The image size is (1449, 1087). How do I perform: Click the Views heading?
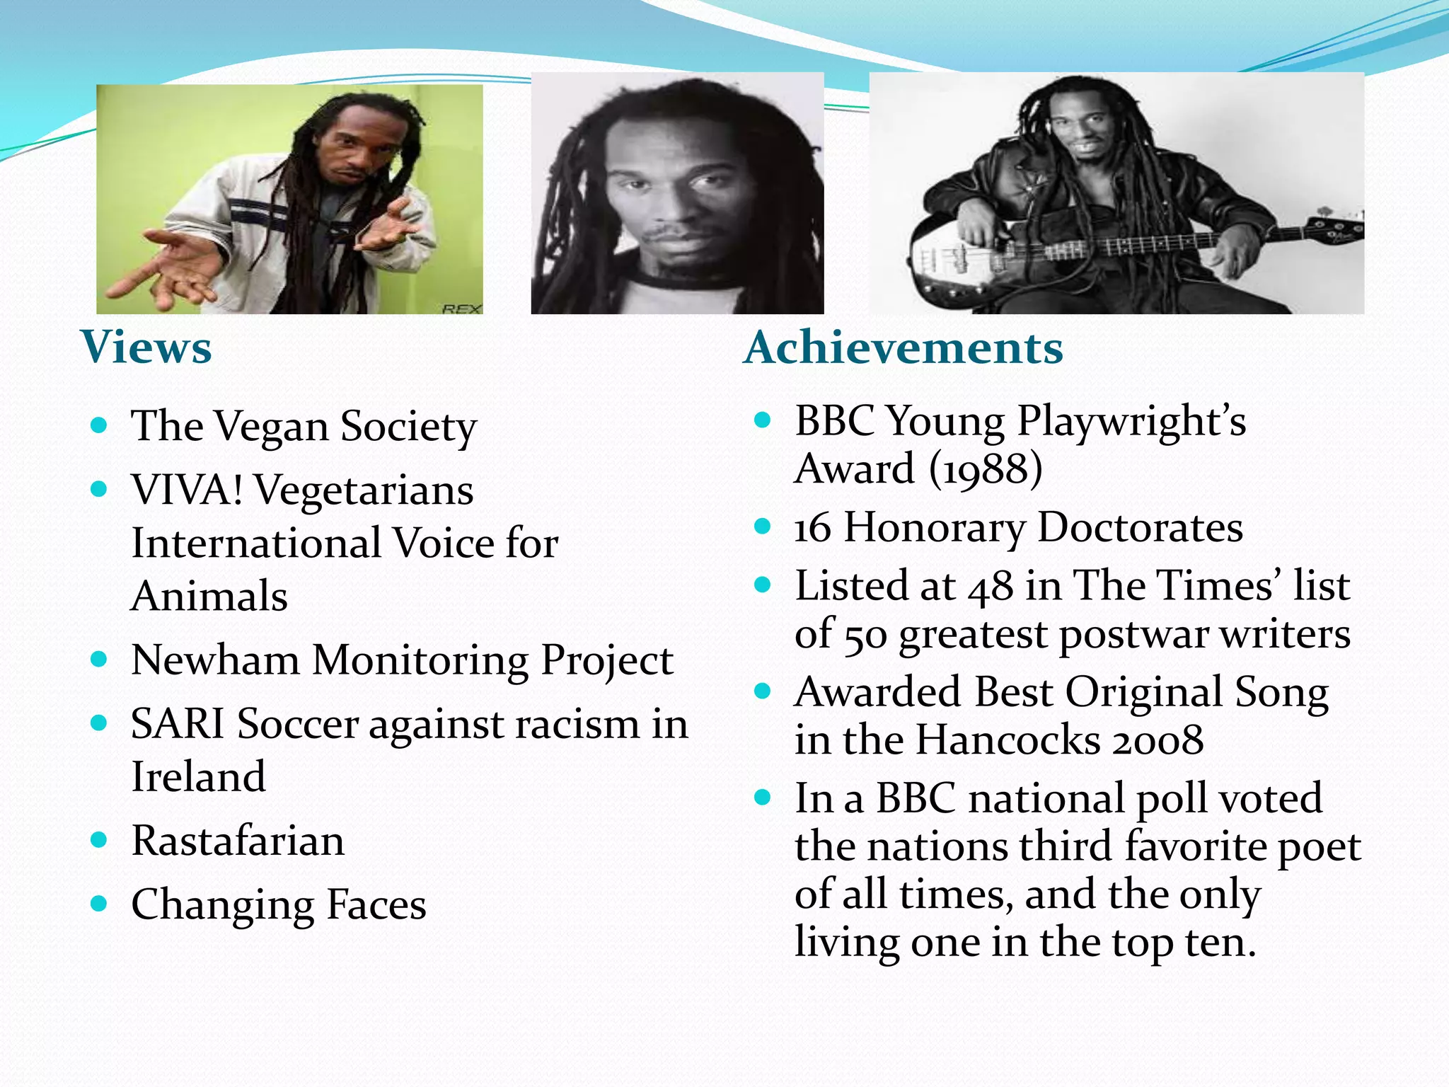(146, 347)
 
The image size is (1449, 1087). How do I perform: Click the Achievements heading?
(904, 347)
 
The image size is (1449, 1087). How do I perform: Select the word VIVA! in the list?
(187, 490)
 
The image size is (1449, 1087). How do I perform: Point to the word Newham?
(216, 660)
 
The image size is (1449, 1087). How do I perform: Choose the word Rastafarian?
(238, 841)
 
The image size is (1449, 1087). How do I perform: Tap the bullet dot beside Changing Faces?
(99, 904)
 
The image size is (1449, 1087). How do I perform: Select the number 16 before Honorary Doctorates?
(812, 528)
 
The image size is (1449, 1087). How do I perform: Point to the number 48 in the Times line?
(991, 587)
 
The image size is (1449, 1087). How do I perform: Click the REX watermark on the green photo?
(461, 309)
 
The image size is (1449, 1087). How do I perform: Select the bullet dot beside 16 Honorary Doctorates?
(762, 527)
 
